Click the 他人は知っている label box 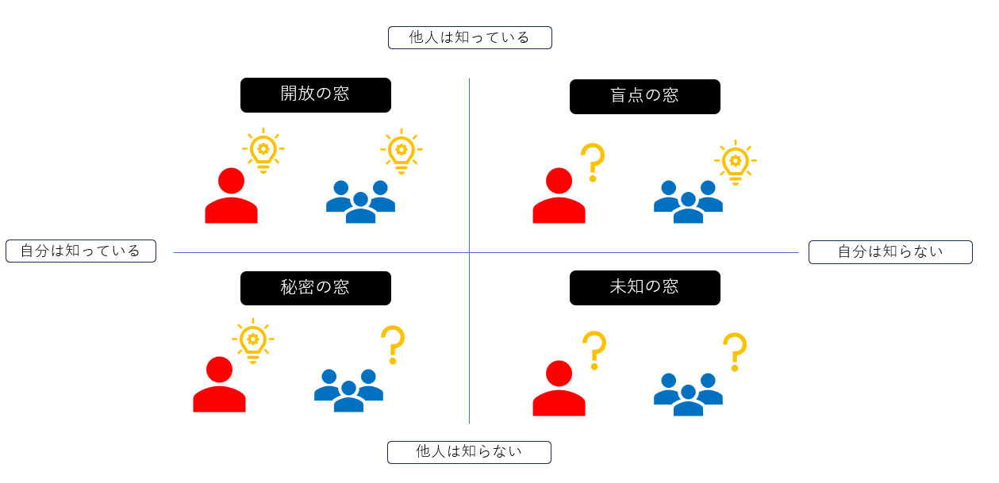pyautogui.click(x=470, y=37)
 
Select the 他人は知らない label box pyautogui.click(x=469, y=452)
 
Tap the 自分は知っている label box pyautogui.click(x=81, y=251)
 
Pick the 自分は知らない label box pyautogui.click(x=890, y=252)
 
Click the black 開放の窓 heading pyautogui.click(x=316, y=95)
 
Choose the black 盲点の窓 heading pyautogui.click(x=645, y=97)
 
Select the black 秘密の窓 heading pyautogui.click(x=316, y=288)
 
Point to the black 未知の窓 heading pyautogui.click(x=645, y=288)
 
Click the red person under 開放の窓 pyautogui.click(x=231, y=196)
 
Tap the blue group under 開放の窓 pyautogui.click(x=360, y=201)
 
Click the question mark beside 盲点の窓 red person pyautogui.click(x=594, y=162)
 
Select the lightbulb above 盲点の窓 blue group pyautogui.click(x=736, y=162)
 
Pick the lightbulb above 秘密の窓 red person pyautogui.click(x=253, y=341)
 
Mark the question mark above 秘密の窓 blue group pyautogui.click(x=393, y=345)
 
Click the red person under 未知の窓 pyautogui.click(x=559, y=389)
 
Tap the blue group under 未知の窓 pyautogui.click(x=688, y=395)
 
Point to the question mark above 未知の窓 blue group pyautogui.click(x=735, y=352)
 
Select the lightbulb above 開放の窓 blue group pyautogui.click(x=402, y=151)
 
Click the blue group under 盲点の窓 pyautogui.click(x=688, y=201)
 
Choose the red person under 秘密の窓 pyautogui.click(x=220, y=385)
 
